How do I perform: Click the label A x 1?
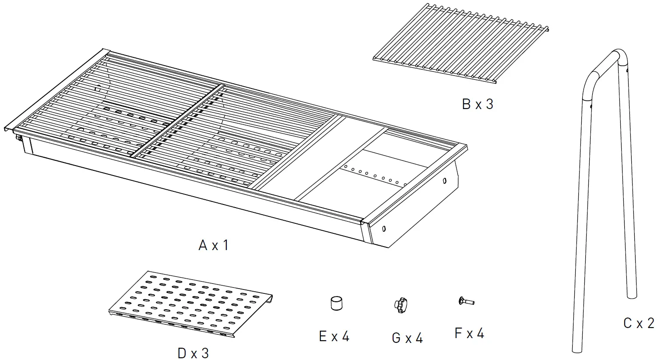click(x=213, y=245)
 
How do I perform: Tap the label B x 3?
click(x=477, y=104)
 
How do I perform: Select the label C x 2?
click(x=639, y=323)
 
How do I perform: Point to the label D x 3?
click(x=193, y=353)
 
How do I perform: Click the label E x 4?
click(x=334, y=336)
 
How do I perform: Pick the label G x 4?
click(x=407, y=338)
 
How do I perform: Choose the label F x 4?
click(x=469, y=333)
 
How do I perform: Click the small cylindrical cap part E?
click(x=336, y=304)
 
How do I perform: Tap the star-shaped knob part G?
click(x=401, y=305)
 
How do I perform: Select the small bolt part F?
click(x=466, y=301)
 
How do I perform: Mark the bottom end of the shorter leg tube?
click(x=632, y=294)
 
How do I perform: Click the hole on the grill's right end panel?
click(x=445, y=180)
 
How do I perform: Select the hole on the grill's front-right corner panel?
click(x=384, y=228)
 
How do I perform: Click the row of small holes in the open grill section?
click(x=376, y=176)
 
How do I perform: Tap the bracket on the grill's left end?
click(x=20, y=138)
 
